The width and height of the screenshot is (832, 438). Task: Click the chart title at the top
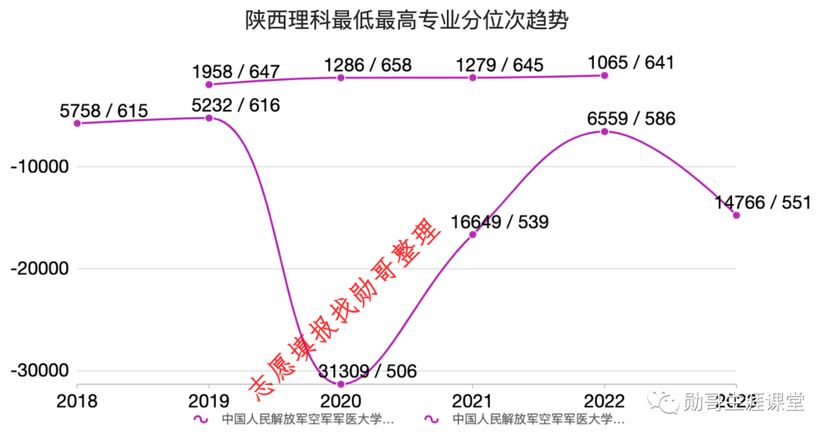point(406,20)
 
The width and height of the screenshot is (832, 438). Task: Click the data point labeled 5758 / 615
point(77,123)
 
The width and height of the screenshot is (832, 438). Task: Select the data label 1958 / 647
point(236,72)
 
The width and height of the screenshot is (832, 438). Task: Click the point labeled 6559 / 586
point(605,132)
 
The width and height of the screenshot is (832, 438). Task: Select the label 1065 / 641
point(630,62)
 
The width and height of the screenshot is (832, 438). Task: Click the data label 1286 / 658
point(368,65)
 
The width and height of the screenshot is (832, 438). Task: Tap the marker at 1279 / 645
point(473,77)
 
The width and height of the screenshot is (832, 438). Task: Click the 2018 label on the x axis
point(77,401)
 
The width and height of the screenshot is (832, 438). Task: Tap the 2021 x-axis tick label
point(472,401)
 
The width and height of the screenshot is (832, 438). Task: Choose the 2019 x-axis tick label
point(208,401)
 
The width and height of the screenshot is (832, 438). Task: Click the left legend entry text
point(307,420)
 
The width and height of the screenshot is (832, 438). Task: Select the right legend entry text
point(538,420)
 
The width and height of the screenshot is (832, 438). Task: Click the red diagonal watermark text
point(347,308)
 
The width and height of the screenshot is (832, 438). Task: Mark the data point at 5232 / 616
point(209,118)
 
